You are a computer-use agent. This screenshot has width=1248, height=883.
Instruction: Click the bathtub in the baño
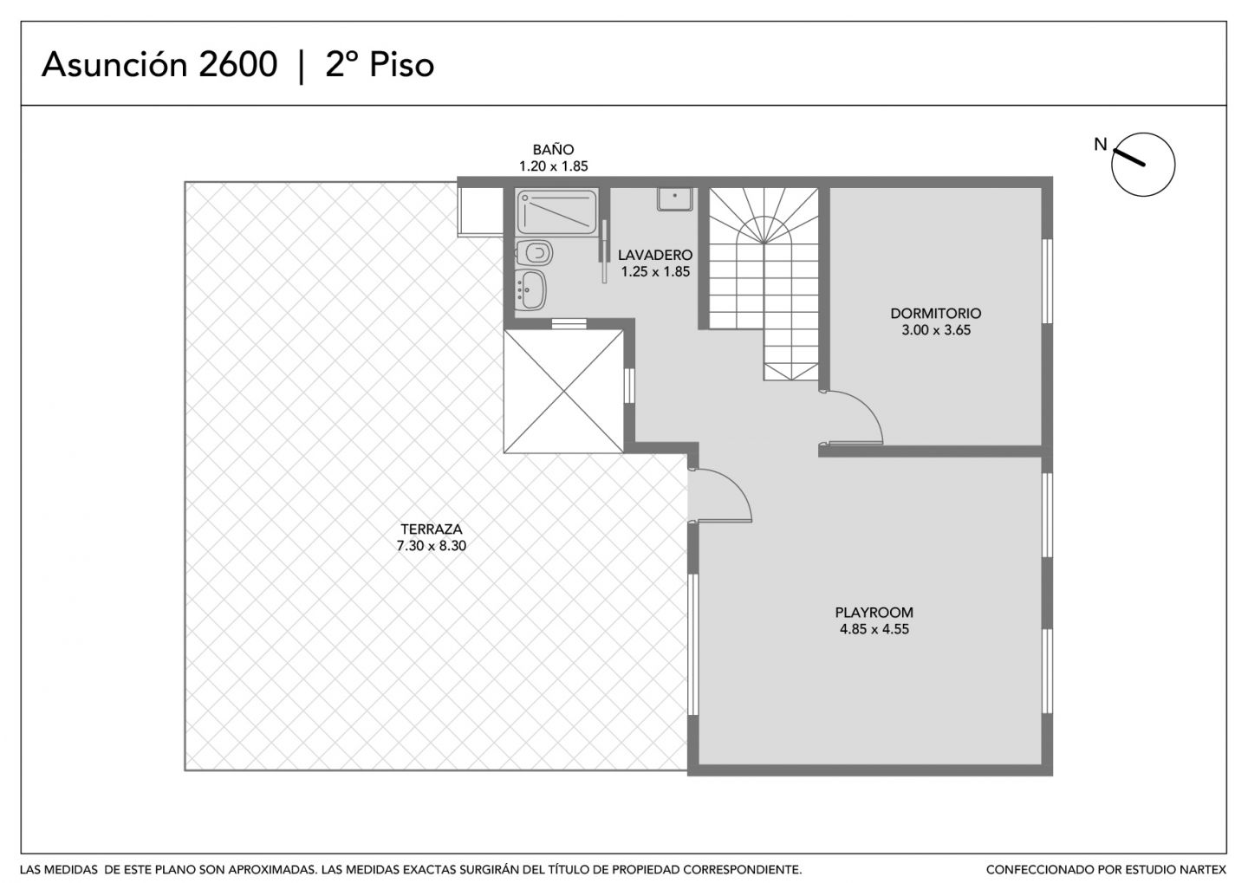(556, 211)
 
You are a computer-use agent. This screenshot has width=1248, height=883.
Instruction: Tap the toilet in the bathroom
(534, 253)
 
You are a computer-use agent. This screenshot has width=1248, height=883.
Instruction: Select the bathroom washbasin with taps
(530, 289)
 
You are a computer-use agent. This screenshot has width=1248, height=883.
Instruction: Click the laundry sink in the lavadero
(674, 199)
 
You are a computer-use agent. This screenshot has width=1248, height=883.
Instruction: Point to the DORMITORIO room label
(935, 313)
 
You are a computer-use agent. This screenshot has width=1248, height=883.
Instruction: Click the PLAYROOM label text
(874, 613)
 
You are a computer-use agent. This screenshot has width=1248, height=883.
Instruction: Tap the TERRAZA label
(432, 529)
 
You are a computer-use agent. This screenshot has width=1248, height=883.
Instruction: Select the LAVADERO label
(655, 255)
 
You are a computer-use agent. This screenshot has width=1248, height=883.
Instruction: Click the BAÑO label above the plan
(553, 149)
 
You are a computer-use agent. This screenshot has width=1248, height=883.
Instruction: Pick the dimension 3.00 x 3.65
(936, 330)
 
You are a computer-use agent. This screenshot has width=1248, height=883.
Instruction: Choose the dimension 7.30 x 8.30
(432, 545)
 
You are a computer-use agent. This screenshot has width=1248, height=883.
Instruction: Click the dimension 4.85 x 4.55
(874, 629)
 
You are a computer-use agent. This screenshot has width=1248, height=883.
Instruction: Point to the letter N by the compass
(1101, 145)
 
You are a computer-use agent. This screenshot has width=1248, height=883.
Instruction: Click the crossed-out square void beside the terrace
(563, 391)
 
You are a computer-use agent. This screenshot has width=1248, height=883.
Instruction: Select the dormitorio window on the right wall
(1047, 281)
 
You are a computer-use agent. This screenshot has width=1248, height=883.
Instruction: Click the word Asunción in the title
(114, 65)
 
